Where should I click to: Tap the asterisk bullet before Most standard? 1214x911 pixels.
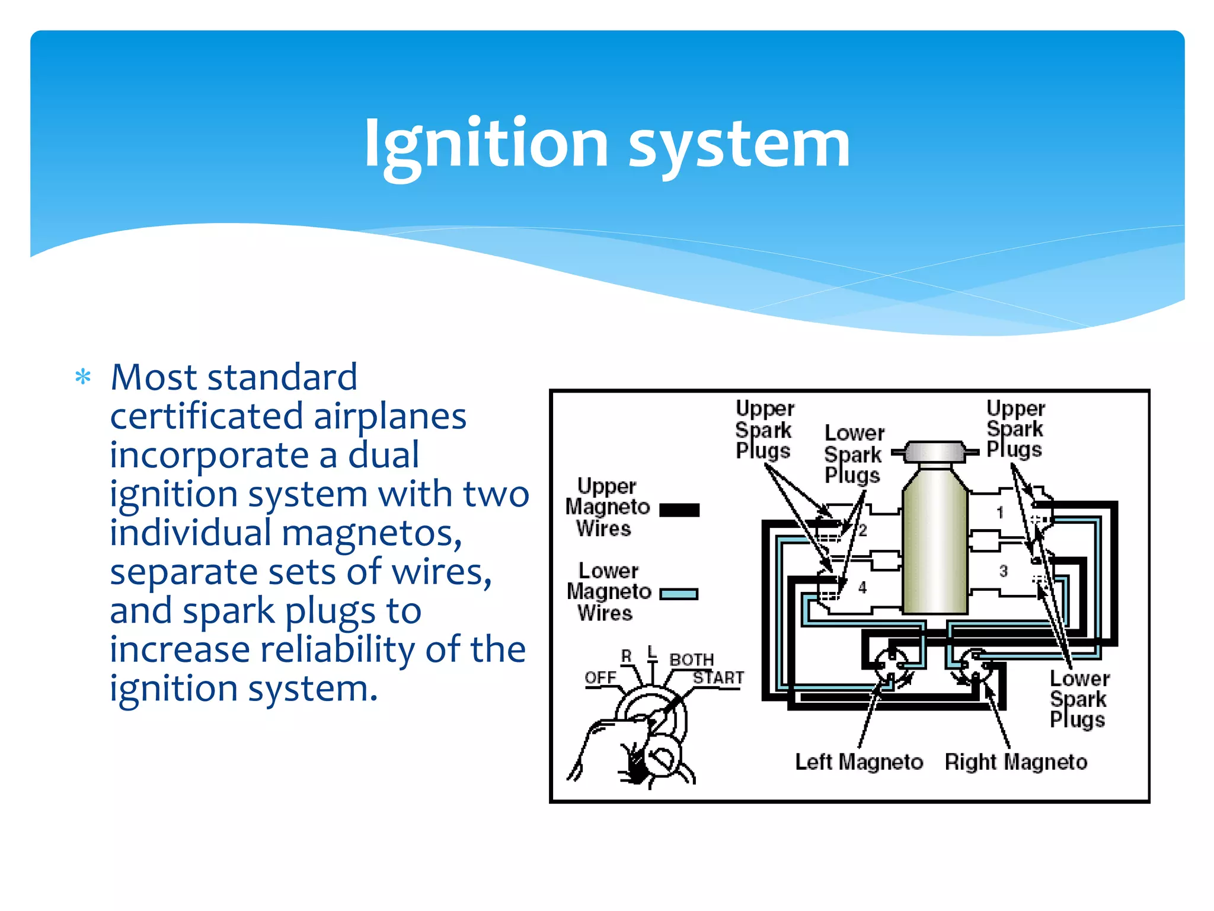(83, 377)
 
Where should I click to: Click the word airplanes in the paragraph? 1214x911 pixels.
(389, 416)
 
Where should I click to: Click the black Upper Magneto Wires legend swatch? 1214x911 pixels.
(679, 509)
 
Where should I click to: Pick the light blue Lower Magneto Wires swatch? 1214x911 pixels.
(679, 594)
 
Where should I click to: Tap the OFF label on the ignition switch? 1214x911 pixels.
(600, 677)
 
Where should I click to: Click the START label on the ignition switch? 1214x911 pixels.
(718, 677)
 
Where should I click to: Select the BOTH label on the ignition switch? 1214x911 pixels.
(691, 660)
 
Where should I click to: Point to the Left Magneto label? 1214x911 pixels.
(859, 762)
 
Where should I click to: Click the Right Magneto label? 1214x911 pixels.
(1016, 762)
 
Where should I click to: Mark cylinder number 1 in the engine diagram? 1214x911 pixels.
(1000, 512)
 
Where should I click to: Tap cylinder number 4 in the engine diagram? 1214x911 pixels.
(862, 587)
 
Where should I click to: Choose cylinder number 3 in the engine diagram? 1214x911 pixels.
(1003, 571)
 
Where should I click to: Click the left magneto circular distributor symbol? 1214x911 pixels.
(891, 665)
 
